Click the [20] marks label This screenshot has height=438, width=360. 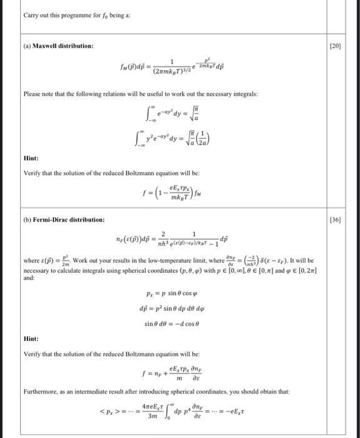(341, 46)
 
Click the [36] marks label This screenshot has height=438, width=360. (341, 220)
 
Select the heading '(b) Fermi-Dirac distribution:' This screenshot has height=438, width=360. (64, 220)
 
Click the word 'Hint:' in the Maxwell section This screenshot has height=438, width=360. (31, 158)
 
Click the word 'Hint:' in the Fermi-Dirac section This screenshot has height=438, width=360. (31, 339)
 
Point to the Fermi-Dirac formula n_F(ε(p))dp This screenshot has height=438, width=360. (168, 240)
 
